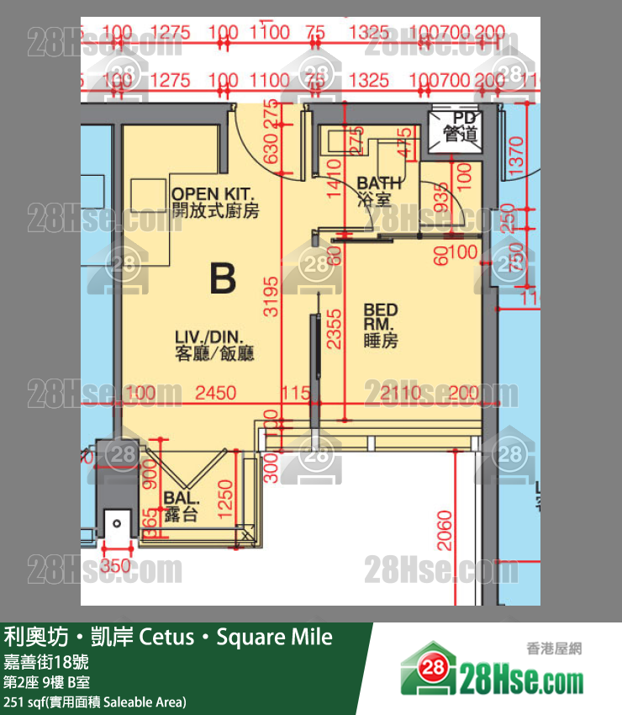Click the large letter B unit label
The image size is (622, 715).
(222, 278)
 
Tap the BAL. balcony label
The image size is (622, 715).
(181, 506)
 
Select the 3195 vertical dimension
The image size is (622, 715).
(271, 295)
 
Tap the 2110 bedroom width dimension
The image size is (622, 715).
(403, 393)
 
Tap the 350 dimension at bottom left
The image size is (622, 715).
(115, 566)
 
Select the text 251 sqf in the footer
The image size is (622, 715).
(24, 702)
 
